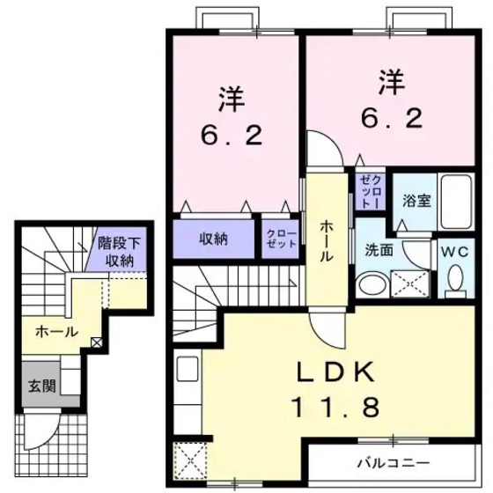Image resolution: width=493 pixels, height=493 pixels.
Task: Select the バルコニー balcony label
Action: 392,462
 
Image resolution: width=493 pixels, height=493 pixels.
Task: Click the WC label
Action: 455,251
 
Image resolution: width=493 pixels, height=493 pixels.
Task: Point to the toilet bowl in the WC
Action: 455,280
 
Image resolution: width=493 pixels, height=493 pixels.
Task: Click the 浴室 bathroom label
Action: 417,200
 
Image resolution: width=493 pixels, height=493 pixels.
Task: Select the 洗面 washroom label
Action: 379,250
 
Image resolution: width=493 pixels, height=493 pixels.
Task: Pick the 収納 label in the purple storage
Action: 213,239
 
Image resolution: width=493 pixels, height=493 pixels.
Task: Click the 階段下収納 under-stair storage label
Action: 115,252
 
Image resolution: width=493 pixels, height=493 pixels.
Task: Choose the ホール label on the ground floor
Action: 55,332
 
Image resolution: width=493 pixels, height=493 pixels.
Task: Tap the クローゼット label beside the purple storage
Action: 282,239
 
